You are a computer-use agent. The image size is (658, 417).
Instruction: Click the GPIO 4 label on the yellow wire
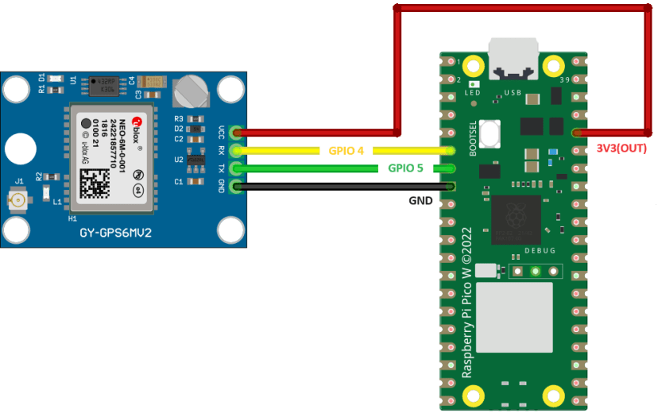coord(346,150)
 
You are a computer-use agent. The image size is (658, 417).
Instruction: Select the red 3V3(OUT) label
coord(621,149)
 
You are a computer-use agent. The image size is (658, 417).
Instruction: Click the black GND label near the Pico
coord(420,201)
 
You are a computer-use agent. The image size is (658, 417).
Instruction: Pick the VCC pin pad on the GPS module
coord(234,132)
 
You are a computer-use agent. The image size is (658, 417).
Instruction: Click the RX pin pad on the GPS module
coord(234,150)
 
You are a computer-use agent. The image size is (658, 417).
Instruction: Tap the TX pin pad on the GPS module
coord(234,168)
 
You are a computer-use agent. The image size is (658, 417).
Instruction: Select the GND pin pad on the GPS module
coord(234,187)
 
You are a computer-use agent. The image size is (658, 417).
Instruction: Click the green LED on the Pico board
coord(474,83)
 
